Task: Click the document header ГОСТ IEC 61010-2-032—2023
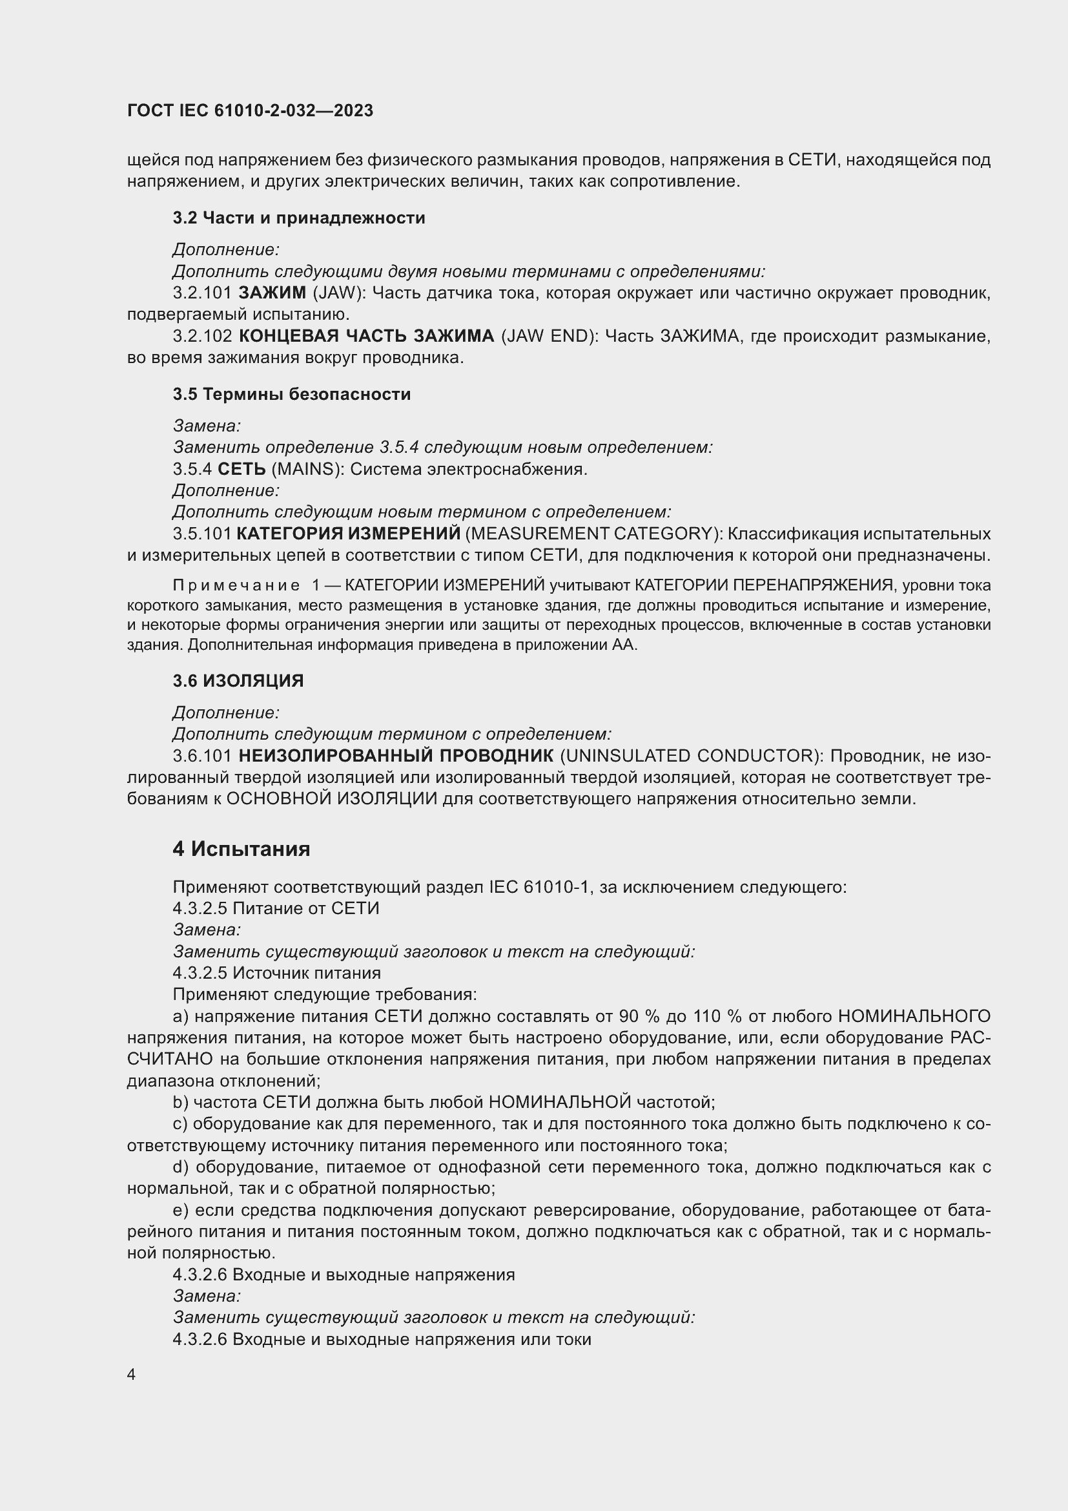pyautogui.click(x=250, y=110)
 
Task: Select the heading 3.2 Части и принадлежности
pyautogui.click(x=298, y=218)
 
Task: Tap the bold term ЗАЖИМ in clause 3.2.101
pyautogui.click(x=272, y=293)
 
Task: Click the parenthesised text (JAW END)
pyautogui.click(x=548, y=337)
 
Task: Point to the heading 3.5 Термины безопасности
pyautogui.click(x=291, y=394)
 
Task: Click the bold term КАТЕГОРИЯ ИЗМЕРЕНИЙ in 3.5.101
pyautogui.click(x=348, y=534)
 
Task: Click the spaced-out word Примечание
pyautogui.click(x=236, y=586)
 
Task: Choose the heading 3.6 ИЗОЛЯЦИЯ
pyautogui.click(x=238, y=681)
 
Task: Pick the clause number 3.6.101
pyautogui.click(x=202, y=756)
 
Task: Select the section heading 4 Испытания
pyautogui.click(x=241, y=849)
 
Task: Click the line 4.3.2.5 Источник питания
pyautogui.click(x=276, y=973)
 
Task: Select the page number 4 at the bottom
pyautogui.click(x=132, y=1375)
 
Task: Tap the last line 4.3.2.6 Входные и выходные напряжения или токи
pyautogui.click(x=382, y=1339)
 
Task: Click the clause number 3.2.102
pyautogui.click(x=202, y=337)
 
